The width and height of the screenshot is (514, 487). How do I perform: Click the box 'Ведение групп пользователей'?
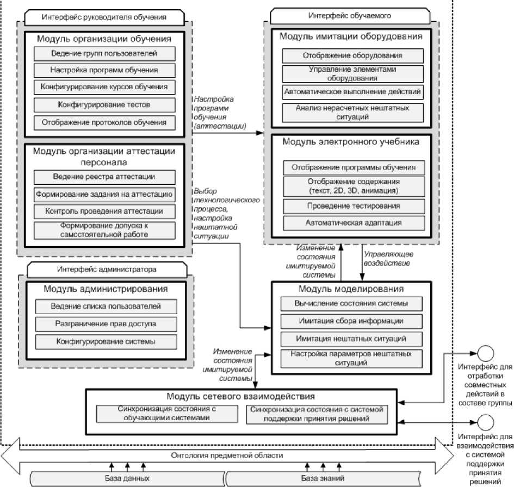point(104,53)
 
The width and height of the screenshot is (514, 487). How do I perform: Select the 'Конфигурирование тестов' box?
point(104,104)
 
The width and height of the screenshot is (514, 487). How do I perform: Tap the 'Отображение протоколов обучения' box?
point(104,122)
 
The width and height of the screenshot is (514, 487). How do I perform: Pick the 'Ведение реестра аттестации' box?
point(104,177)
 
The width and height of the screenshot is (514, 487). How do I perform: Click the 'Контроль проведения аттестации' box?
point(104,211)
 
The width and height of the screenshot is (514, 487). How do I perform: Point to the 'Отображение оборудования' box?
point(352,55)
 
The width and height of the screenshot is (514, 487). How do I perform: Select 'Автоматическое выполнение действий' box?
point(352,92)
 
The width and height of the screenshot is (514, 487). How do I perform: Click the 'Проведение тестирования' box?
point(352,206)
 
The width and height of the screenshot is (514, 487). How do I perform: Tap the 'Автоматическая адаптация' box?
point(352,223)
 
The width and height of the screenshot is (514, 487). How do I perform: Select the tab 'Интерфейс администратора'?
point(107,269)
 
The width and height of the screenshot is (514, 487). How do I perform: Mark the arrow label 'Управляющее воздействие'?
point(387,259)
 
